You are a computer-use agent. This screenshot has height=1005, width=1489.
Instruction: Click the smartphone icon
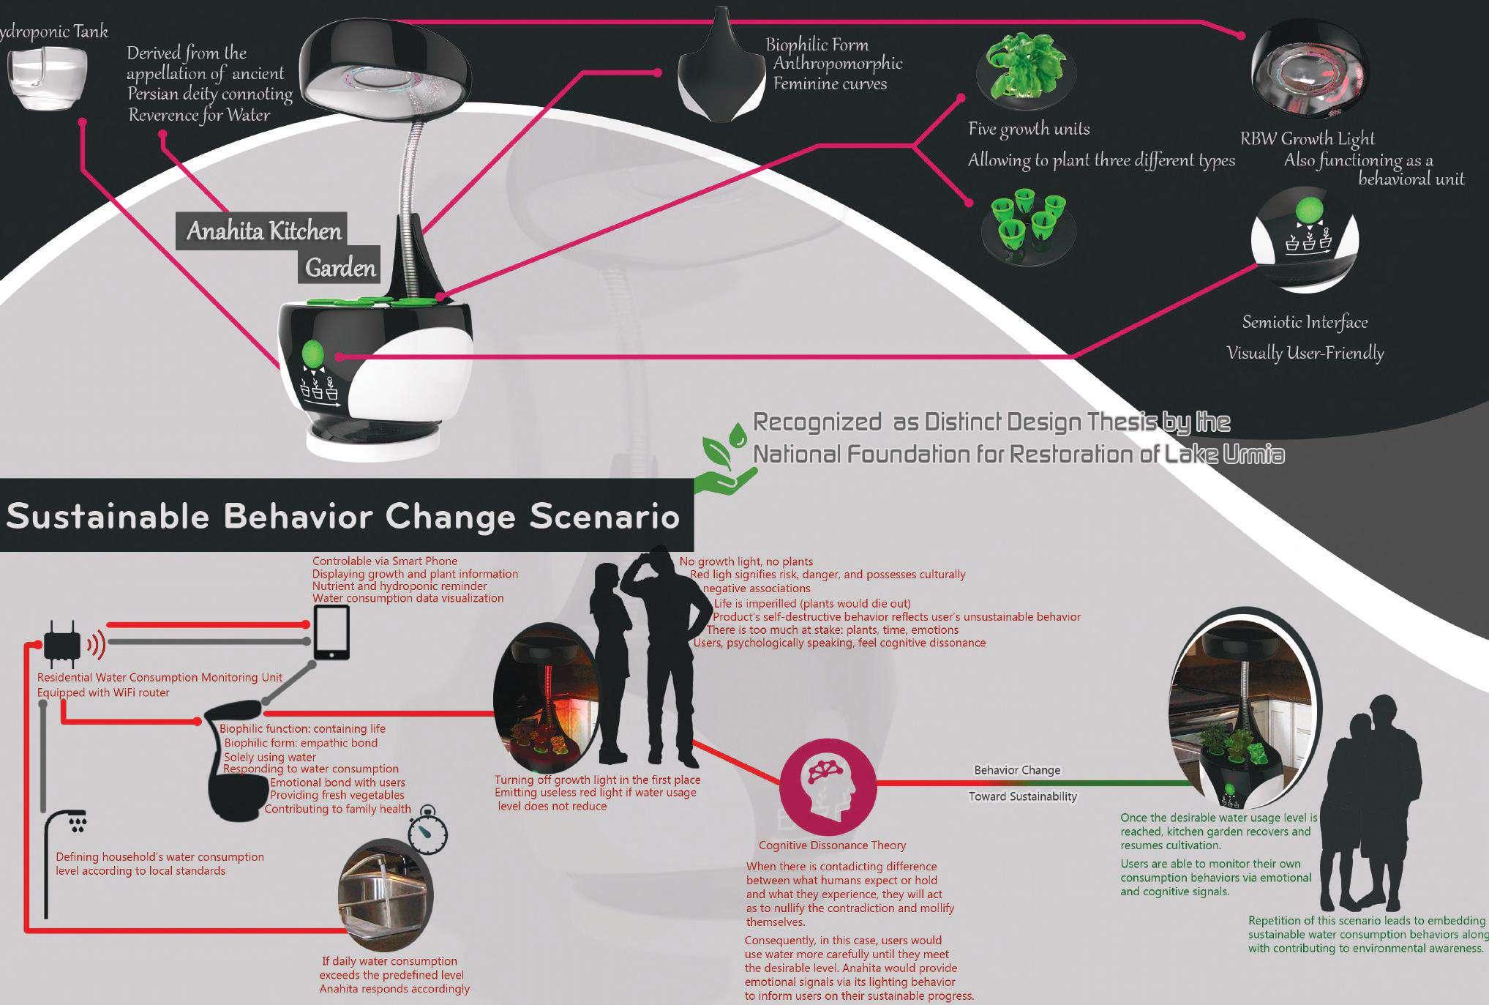[x=331, y=632]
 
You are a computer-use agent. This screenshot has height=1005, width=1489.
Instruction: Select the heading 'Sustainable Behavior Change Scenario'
[x=342, y=516]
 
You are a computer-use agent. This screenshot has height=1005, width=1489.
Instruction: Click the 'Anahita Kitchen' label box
[x=263, y=231]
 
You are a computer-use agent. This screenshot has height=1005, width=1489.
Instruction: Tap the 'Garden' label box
[x=340, y=268]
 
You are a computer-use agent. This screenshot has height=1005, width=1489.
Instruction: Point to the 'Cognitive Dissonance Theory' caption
[x=832, y=845]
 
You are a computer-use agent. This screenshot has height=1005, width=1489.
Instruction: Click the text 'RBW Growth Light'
[x=1307, y=138]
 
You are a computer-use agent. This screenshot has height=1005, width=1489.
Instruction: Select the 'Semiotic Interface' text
[x=1305, y=322]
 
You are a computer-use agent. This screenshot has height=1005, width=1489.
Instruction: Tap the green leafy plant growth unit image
[x=1023, y=74]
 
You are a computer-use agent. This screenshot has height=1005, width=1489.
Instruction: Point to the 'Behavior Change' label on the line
[x=1016, y=770]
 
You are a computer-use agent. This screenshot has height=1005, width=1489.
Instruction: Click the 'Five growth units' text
[x=1029, y=130]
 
